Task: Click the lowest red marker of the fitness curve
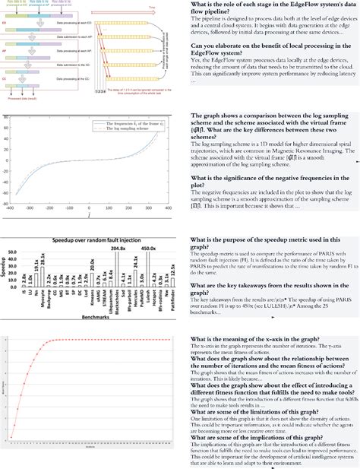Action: pos(11,436)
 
